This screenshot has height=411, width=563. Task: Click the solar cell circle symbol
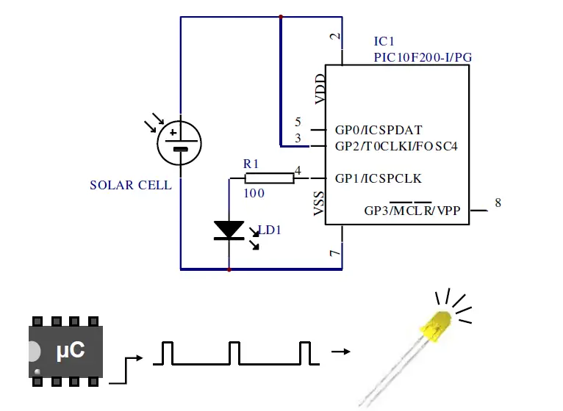point(180,142)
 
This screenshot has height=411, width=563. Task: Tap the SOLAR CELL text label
point(130,185)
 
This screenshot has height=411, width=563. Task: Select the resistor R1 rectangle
point(268,178)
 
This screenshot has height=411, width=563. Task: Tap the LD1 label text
point(270,230)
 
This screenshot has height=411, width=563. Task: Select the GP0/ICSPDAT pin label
point(379,130)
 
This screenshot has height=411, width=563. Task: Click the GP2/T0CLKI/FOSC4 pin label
point(396,146)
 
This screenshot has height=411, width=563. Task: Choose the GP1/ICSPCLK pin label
point(378,178)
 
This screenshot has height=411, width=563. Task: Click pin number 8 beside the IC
point(498,203)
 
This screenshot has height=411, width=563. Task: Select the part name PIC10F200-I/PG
point(422,57)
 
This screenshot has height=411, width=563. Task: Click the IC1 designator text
point(387,40)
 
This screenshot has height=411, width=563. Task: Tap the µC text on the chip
point(71,350)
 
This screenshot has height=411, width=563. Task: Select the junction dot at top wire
point(281,16)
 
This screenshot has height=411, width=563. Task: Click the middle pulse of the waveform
point(234,352)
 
